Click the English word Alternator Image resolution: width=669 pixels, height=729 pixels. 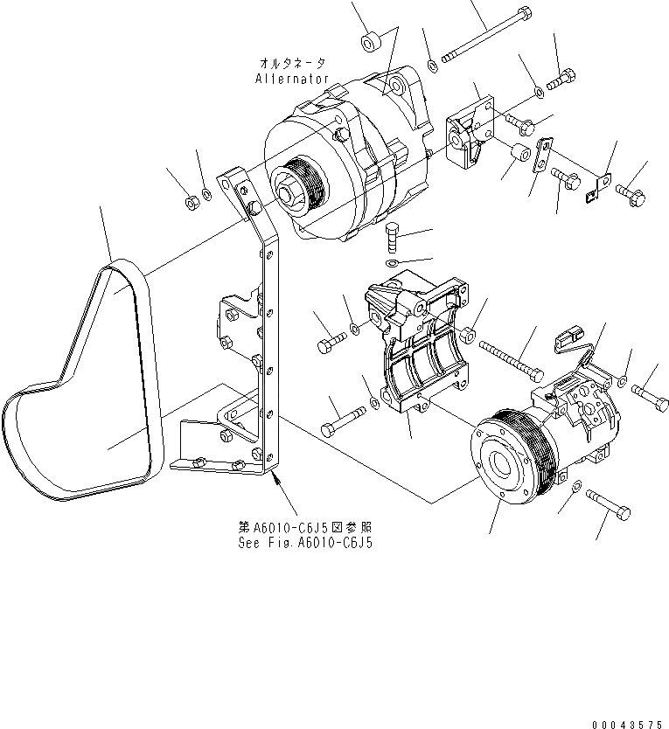point(292,79)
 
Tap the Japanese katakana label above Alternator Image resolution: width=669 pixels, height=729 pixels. point(293,63)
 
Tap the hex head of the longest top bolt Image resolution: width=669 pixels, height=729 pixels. point(523,15)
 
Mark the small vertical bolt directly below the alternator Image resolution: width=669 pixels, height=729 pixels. point(393,237)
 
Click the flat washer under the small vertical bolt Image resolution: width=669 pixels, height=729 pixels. point(393,263)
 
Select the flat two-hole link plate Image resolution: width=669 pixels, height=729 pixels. point(543,155)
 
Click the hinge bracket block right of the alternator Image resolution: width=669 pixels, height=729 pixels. point(469,135)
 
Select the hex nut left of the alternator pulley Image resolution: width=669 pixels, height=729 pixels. point(191,203)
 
